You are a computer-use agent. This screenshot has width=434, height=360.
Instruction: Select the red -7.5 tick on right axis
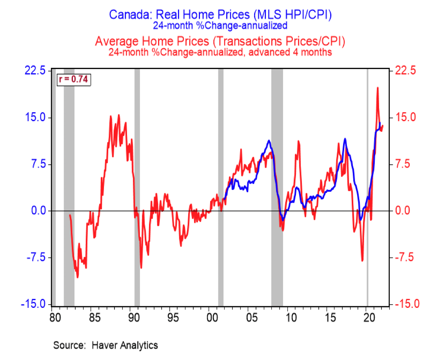coord(406,258)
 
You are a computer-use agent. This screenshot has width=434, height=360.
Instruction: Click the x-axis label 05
coord(248,315)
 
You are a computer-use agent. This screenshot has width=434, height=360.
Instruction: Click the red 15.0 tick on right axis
coord(406,118)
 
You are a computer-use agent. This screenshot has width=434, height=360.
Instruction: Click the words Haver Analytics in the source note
coord(124,345)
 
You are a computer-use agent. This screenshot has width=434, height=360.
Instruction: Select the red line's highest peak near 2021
coord(377,88)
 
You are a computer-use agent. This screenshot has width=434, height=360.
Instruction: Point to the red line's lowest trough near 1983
coord(78,277)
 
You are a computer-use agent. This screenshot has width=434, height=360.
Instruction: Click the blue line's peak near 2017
coord(345,139)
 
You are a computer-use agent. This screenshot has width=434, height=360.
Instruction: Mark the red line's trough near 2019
coord(362,260)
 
